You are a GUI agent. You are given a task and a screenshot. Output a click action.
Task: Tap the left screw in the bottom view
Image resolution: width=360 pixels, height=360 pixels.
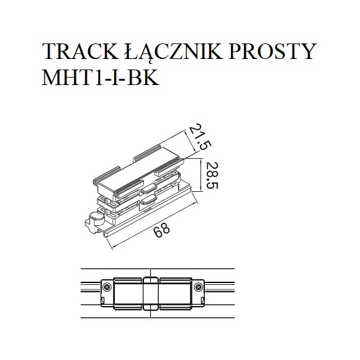tap(107, 286)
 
